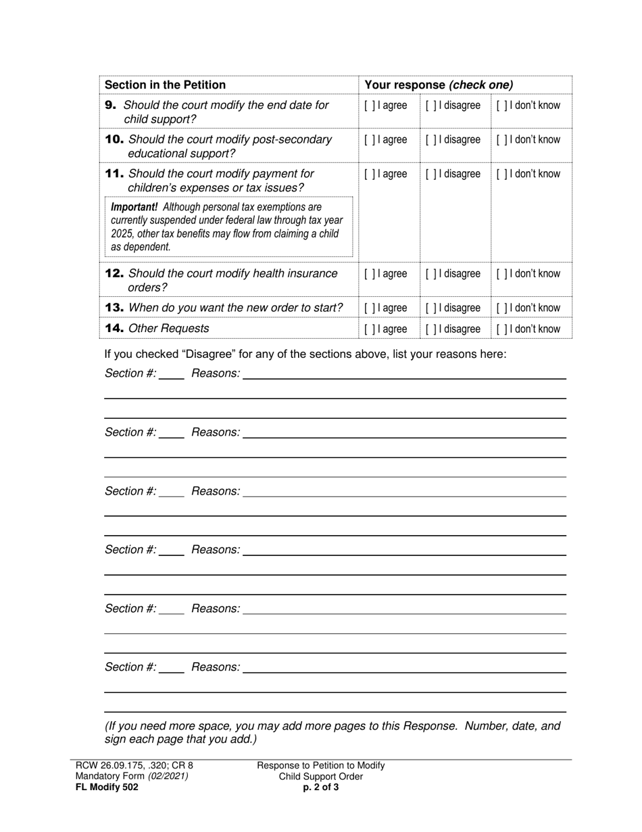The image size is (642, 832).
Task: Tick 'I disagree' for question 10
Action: [x=431, y=140]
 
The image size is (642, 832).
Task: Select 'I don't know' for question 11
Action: [x=501, y=174]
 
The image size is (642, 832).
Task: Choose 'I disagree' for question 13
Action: [x=431, y=308]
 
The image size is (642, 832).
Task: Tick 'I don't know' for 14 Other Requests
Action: [x=501, y=329]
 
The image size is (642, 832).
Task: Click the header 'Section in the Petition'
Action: [x=165, y=85]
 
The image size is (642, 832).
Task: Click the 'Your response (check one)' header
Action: [x=439, y=85]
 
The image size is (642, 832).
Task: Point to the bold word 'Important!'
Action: [x=134, y=206]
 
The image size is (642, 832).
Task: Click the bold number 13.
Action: [x=114, y=308]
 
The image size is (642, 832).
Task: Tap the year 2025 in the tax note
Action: [x=122, y=233]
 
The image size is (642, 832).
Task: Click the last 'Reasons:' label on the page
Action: [x=216, y=668]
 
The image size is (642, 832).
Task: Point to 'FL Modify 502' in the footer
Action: [x=107, y=787]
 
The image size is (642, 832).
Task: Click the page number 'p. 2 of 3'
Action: [x=321, y=787]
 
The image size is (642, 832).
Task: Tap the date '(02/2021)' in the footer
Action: [x=168, y=777]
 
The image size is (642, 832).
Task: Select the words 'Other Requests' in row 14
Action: [x=168, y=328]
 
